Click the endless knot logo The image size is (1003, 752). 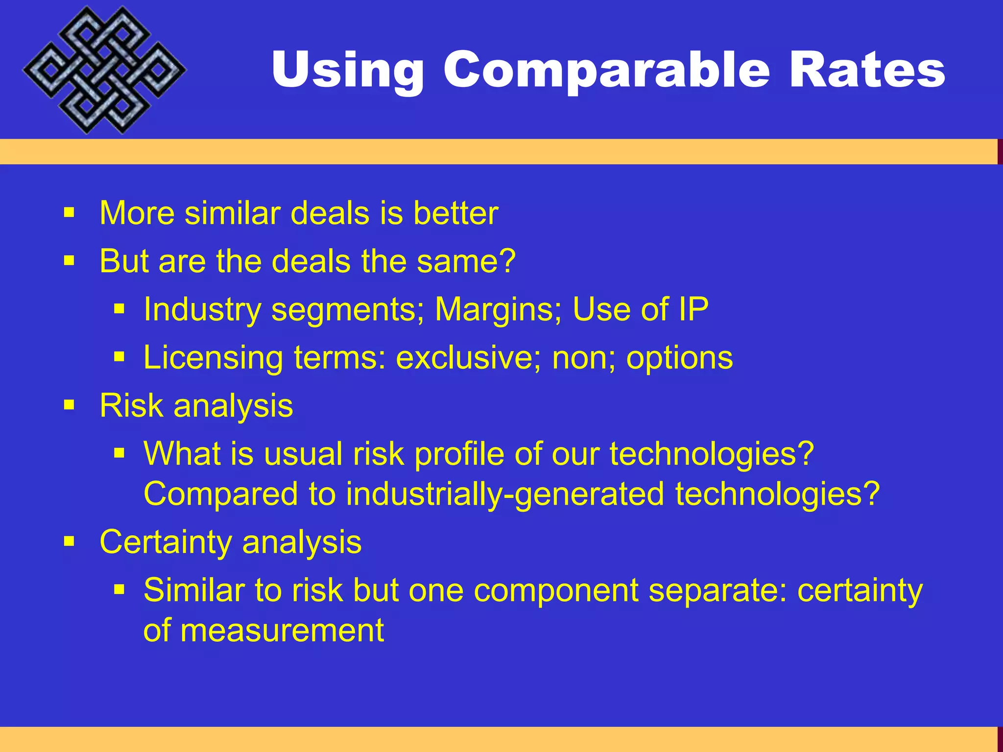[x=104, y=70]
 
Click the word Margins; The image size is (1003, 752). [x=499, y=309]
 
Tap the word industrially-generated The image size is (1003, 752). [x=505, y=493]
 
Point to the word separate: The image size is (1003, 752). [x=717, y=590]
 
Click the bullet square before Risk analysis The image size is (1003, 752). [x=69, y=405]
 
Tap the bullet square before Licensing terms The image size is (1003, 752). [x=119, y=357]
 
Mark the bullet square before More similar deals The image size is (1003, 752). [x=69, y=213]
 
